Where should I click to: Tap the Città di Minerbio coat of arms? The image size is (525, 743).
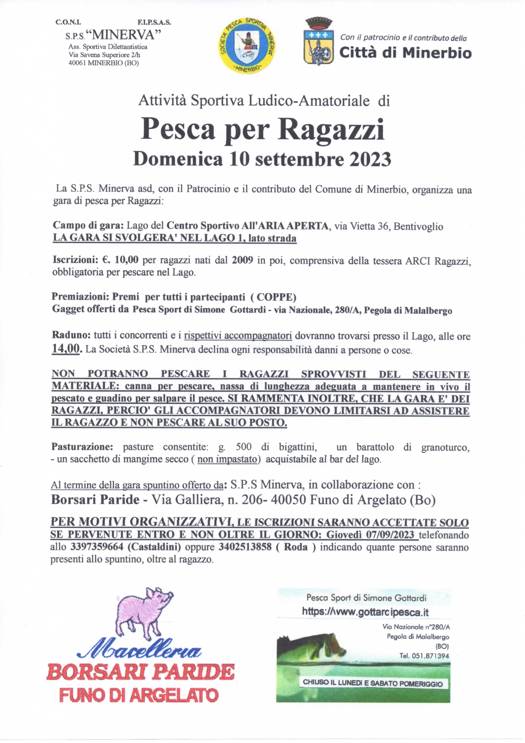click(x=318, y=42)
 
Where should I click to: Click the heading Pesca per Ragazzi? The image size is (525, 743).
click(x=262, y=129)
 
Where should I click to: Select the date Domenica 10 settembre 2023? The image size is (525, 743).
click(x=262, y=159)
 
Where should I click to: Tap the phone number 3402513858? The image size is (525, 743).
click(x=245, y=547)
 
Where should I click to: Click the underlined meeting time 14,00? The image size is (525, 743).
click(x=66, y=349)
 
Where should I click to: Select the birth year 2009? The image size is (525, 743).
click(x=242, y=260)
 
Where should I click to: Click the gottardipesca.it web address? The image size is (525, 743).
click(x=365, y=612)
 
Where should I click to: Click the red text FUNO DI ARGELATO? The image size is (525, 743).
click(x=139, y=695)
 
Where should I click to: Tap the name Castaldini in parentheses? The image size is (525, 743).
click(x=155, y=547)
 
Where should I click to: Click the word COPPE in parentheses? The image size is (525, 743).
click(x=276, y=297)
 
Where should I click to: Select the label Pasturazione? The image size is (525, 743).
click(x=82, y=447)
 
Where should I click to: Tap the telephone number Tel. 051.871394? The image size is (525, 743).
click(x=424, y=656)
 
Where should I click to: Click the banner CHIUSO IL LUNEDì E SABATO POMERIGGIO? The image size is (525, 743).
click(x=373, y=683)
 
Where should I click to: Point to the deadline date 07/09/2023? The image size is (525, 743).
click(x=390, y=535)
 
